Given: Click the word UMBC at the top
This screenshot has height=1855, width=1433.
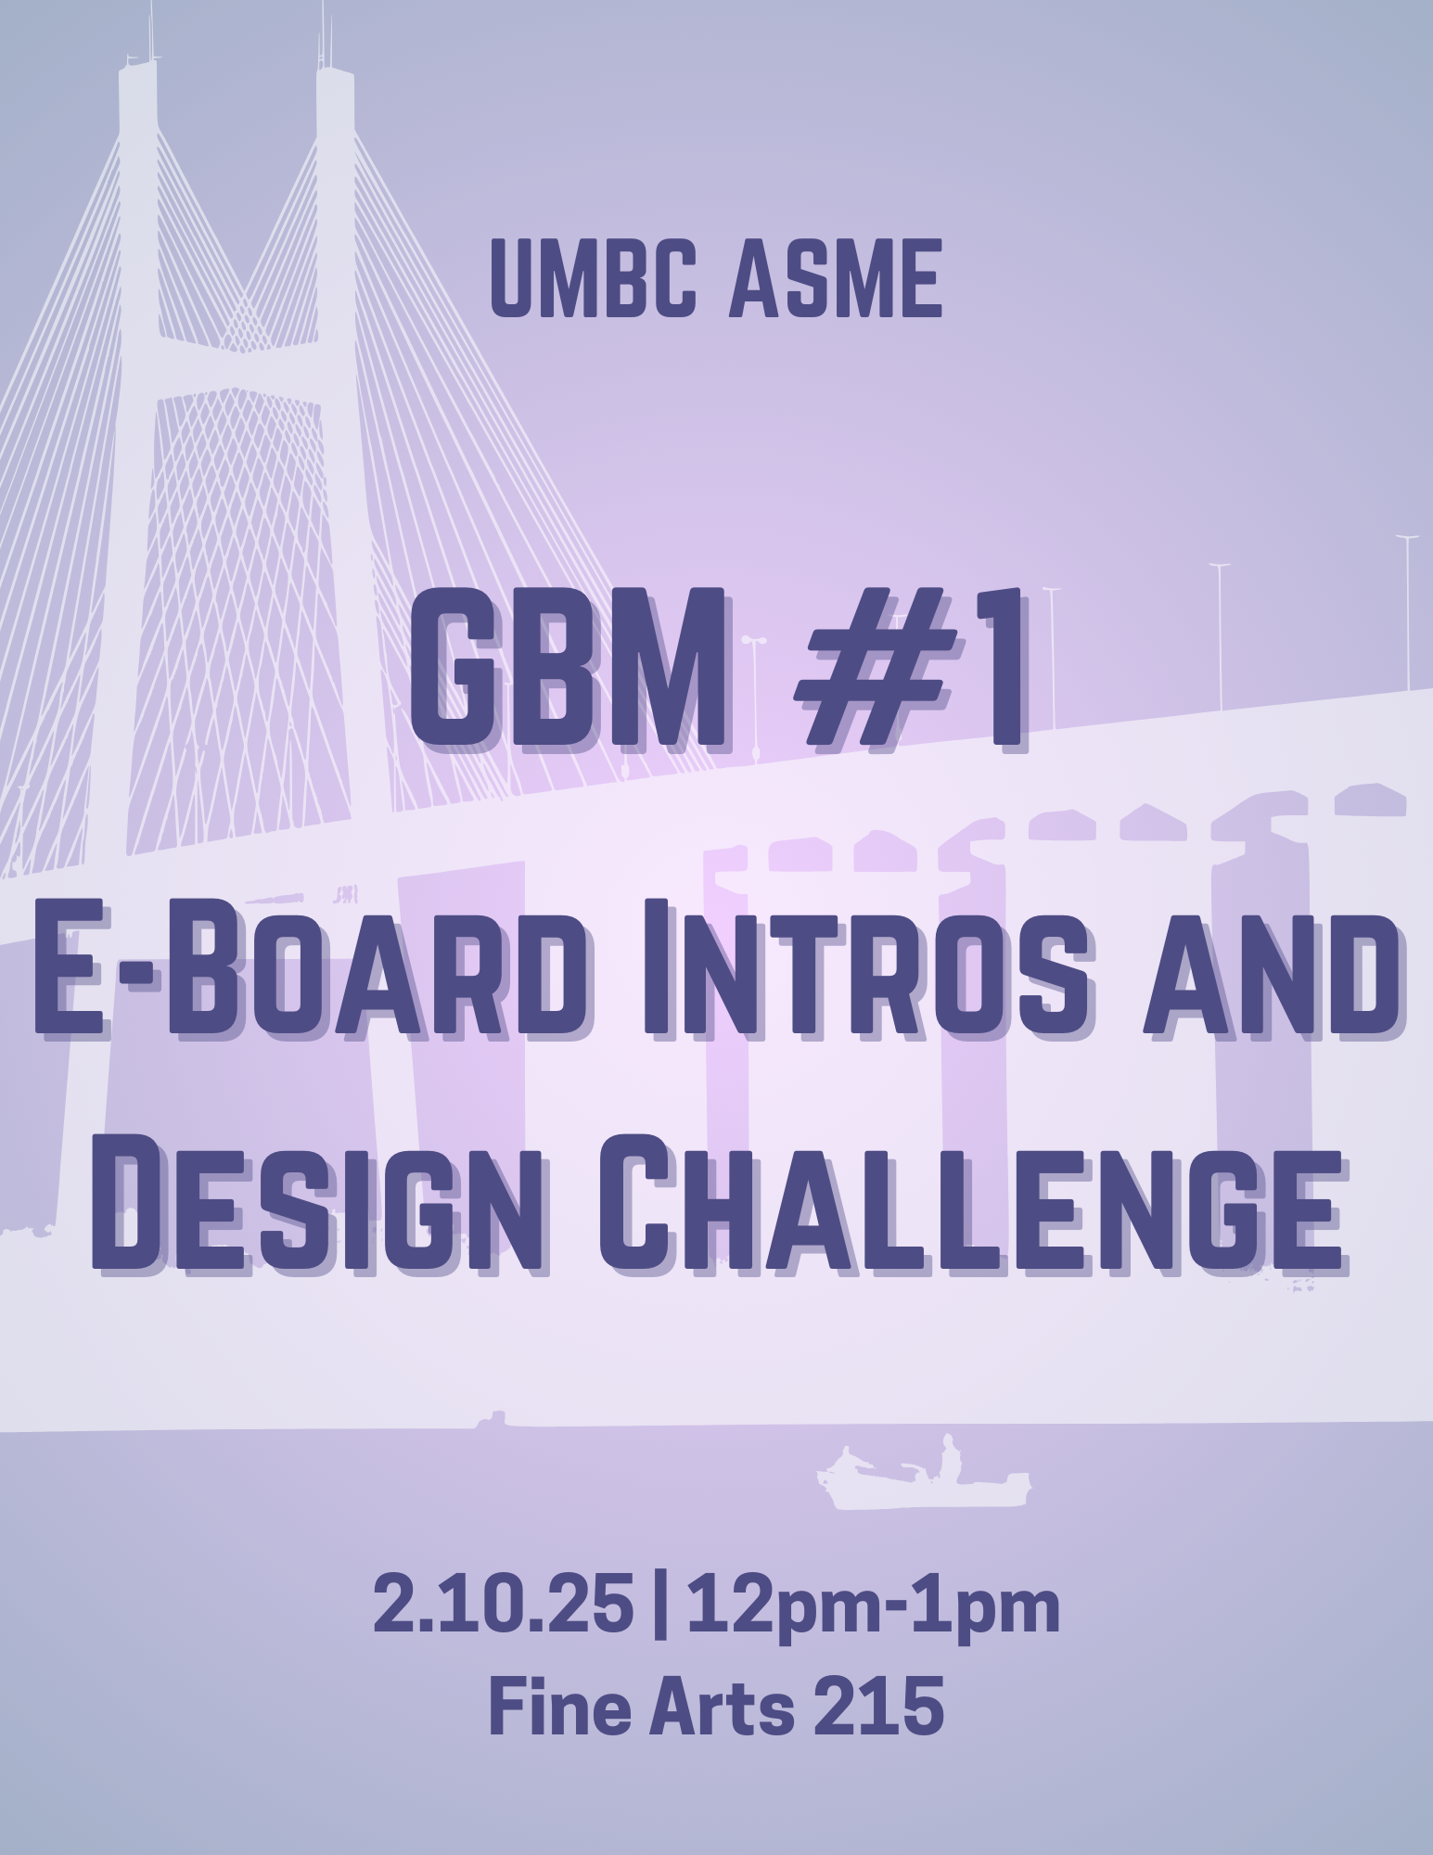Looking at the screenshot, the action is tap(593, 279).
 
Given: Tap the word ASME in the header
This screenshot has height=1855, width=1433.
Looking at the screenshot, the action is tap(835, 279).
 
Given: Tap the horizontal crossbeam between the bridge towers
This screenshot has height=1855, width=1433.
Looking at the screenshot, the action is tap(237, 366).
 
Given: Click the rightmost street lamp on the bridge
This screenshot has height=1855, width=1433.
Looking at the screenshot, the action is tap(1407, 612).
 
